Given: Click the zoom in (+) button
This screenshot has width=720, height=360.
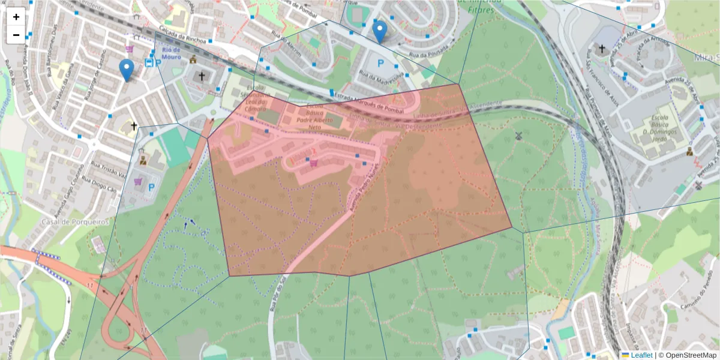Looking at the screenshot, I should [x=16, y=17].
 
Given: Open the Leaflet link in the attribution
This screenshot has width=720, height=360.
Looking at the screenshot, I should [x=641, y=355].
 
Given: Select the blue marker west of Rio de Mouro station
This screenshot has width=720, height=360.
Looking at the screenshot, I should [x=126, y=70].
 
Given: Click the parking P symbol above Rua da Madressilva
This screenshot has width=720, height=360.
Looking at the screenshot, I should [x=379, y=62].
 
